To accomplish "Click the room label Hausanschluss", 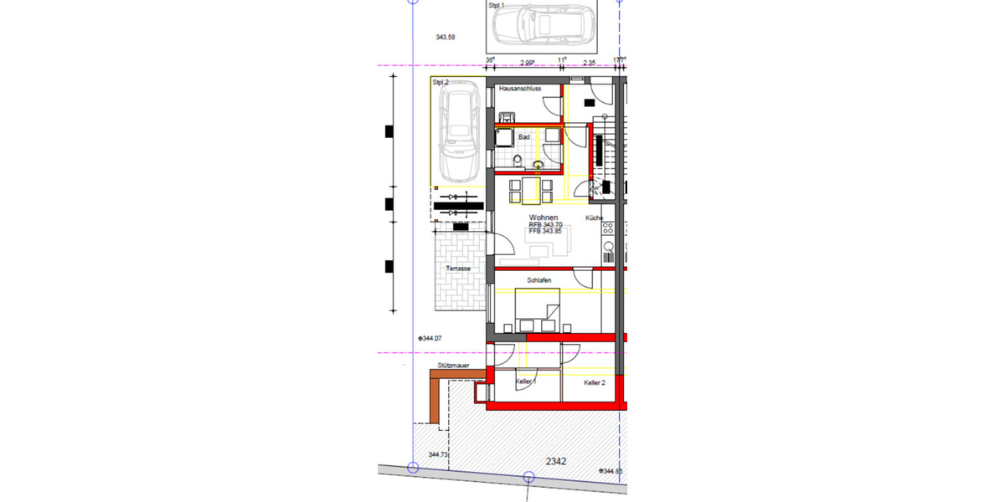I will [519, 88].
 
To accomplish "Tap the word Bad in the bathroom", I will [524, 136].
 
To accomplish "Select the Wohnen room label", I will [544, 218].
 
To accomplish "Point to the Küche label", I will [595, 218].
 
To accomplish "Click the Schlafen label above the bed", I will [539, 281].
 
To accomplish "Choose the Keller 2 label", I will [595, 382].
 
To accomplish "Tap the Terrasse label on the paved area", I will [458, 268].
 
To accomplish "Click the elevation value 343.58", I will [446, 38].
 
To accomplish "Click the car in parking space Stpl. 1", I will [543, 24].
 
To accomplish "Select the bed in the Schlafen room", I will [537, 310].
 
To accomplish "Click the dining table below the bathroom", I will [530, 191].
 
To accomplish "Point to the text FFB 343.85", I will [546, 232].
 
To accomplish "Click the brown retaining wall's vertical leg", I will [435, 400].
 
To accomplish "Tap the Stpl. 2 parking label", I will [441, 83].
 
